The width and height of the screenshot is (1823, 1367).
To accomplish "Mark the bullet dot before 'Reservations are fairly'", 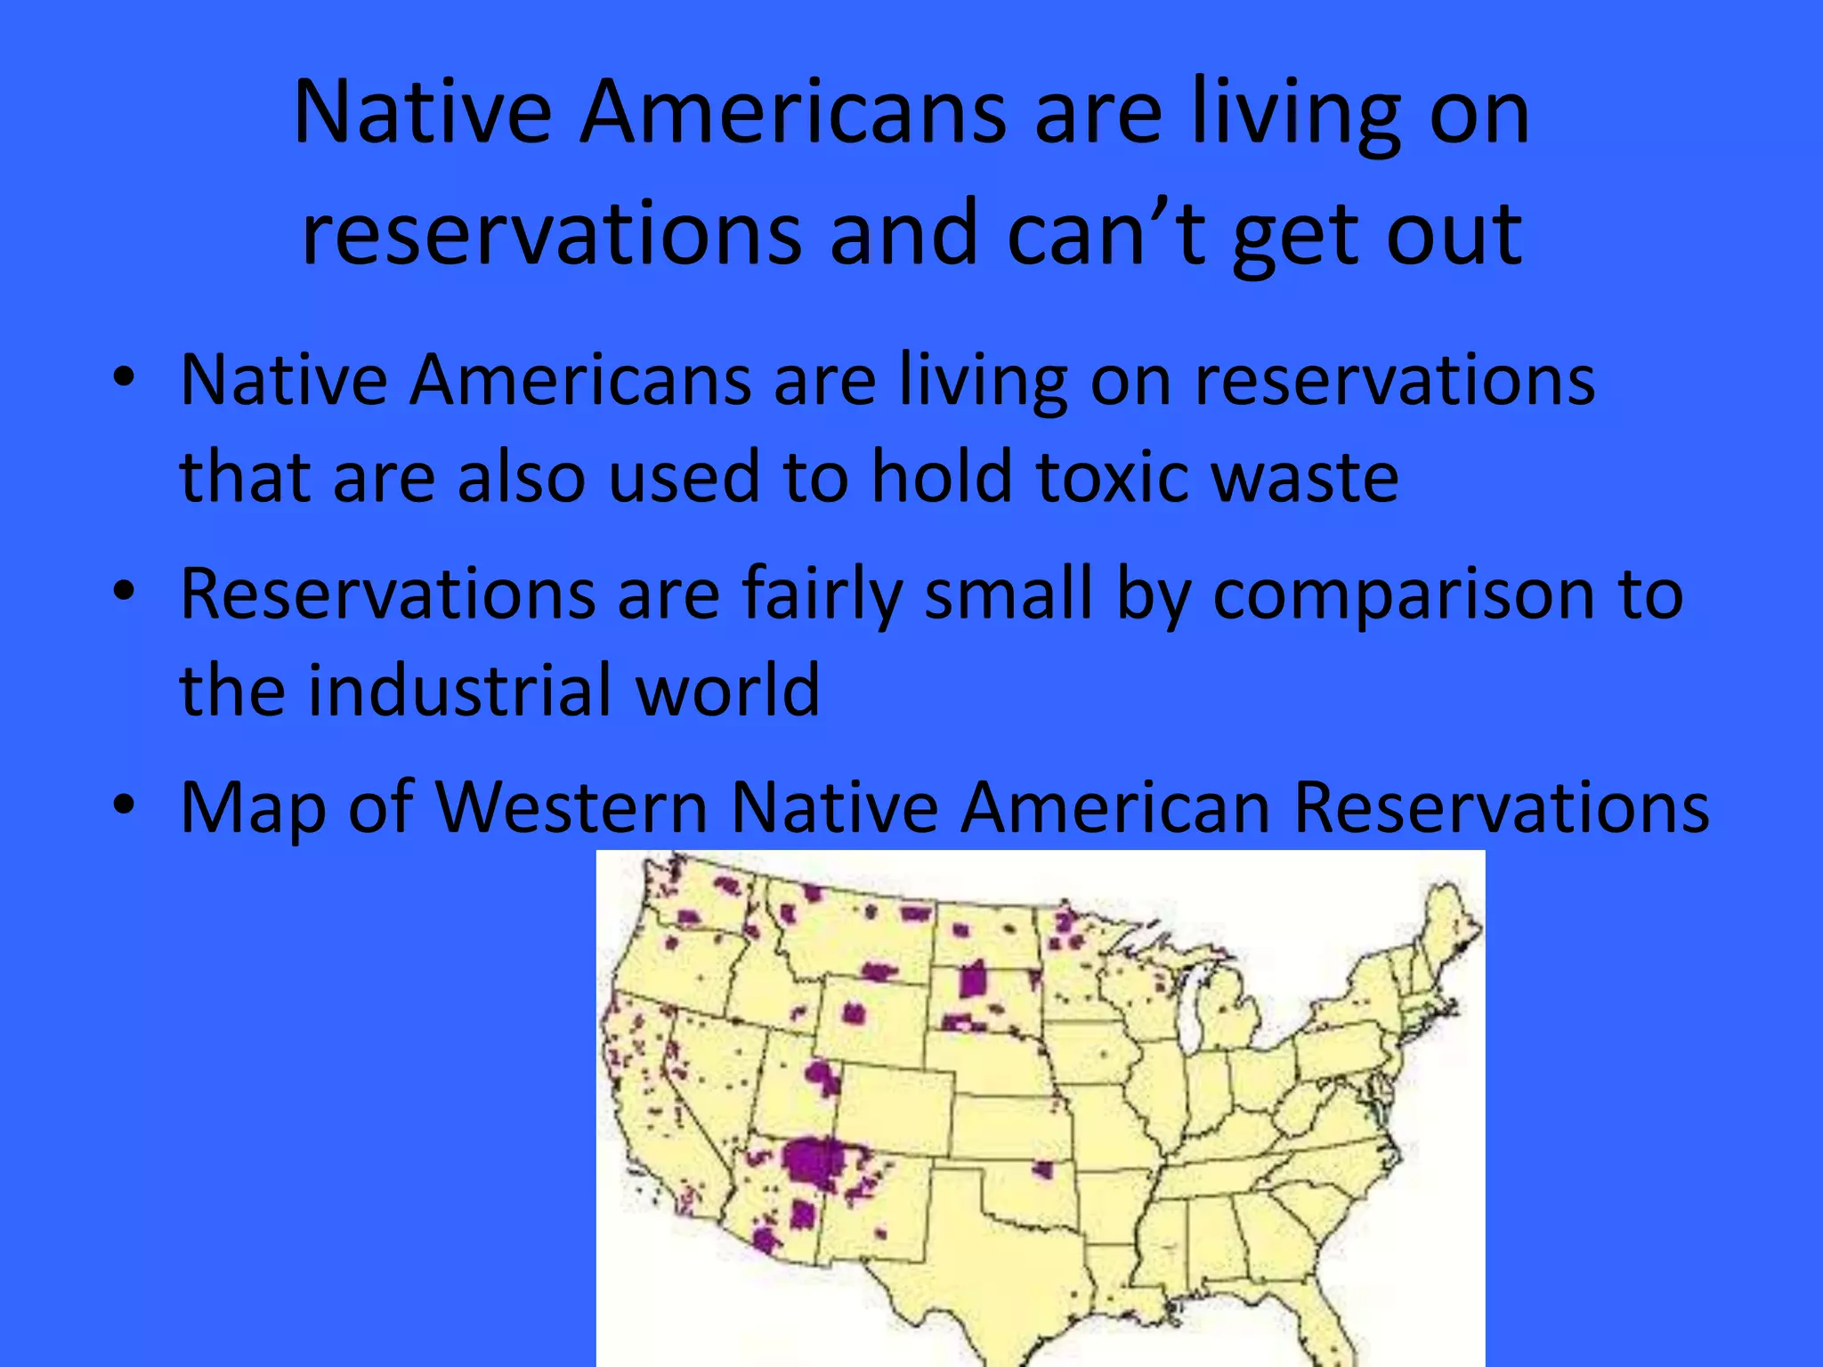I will click(124, 590).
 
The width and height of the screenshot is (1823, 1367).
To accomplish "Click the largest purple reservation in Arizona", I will click(812, 1162).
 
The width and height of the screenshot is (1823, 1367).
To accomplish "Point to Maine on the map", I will click(1446, 917).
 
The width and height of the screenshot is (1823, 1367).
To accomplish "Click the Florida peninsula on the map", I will click(1335, 1326).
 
